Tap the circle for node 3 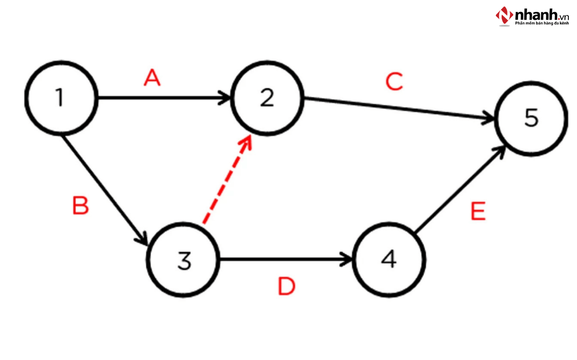184,260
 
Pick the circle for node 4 389,260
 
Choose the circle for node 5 531,118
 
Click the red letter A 152,79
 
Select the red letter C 394,82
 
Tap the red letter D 287,287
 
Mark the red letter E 478,211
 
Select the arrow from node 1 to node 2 164,98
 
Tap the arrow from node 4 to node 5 459,189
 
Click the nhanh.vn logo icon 504,16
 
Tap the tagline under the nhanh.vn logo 542,24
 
